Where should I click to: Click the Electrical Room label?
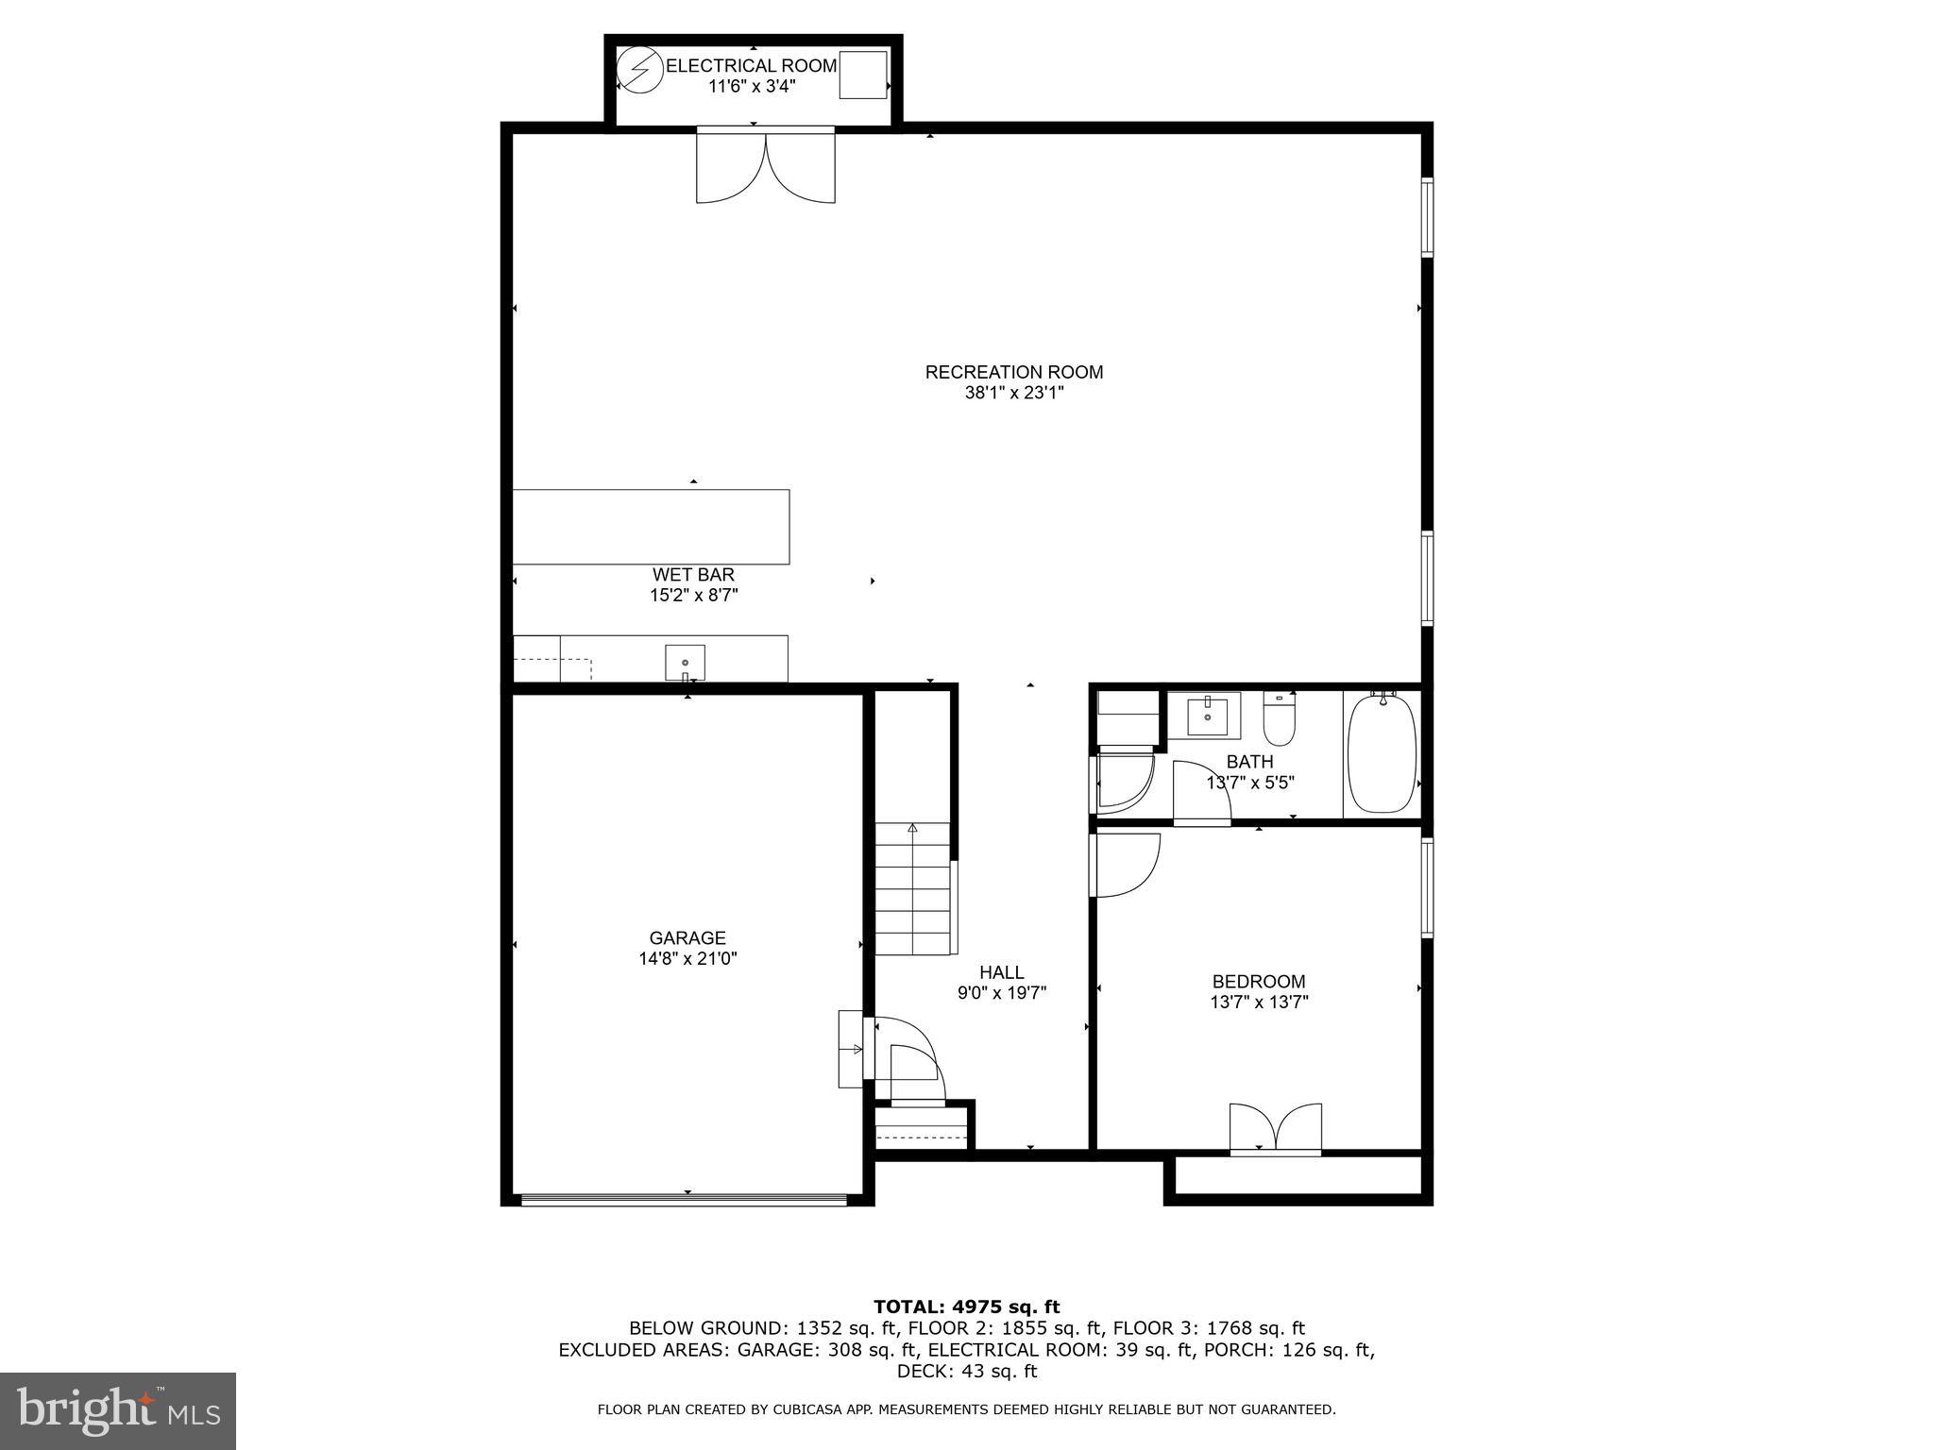tap(752, 66)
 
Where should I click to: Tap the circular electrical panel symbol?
tap(640, 72)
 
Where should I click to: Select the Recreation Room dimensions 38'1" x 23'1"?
tap(1013, 393)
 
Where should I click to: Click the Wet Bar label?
tap(693, 575)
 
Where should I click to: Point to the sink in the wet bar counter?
tap(685, 662)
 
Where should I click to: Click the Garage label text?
tap(687, 938)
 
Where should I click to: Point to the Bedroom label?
tap(1259, 982)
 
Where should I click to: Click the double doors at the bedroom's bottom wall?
tap(1275, 1128)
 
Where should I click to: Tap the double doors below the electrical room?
tap(766, 166)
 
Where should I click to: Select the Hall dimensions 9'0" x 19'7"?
tap(1002, 993)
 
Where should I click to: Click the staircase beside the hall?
tap(912, 888)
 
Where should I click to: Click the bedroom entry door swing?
tap(1125, 865)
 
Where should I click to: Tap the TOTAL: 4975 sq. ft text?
tap(966, 1307)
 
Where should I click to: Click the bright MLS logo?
tap(118, 1410)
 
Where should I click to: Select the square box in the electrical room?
tap(863, 76)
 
